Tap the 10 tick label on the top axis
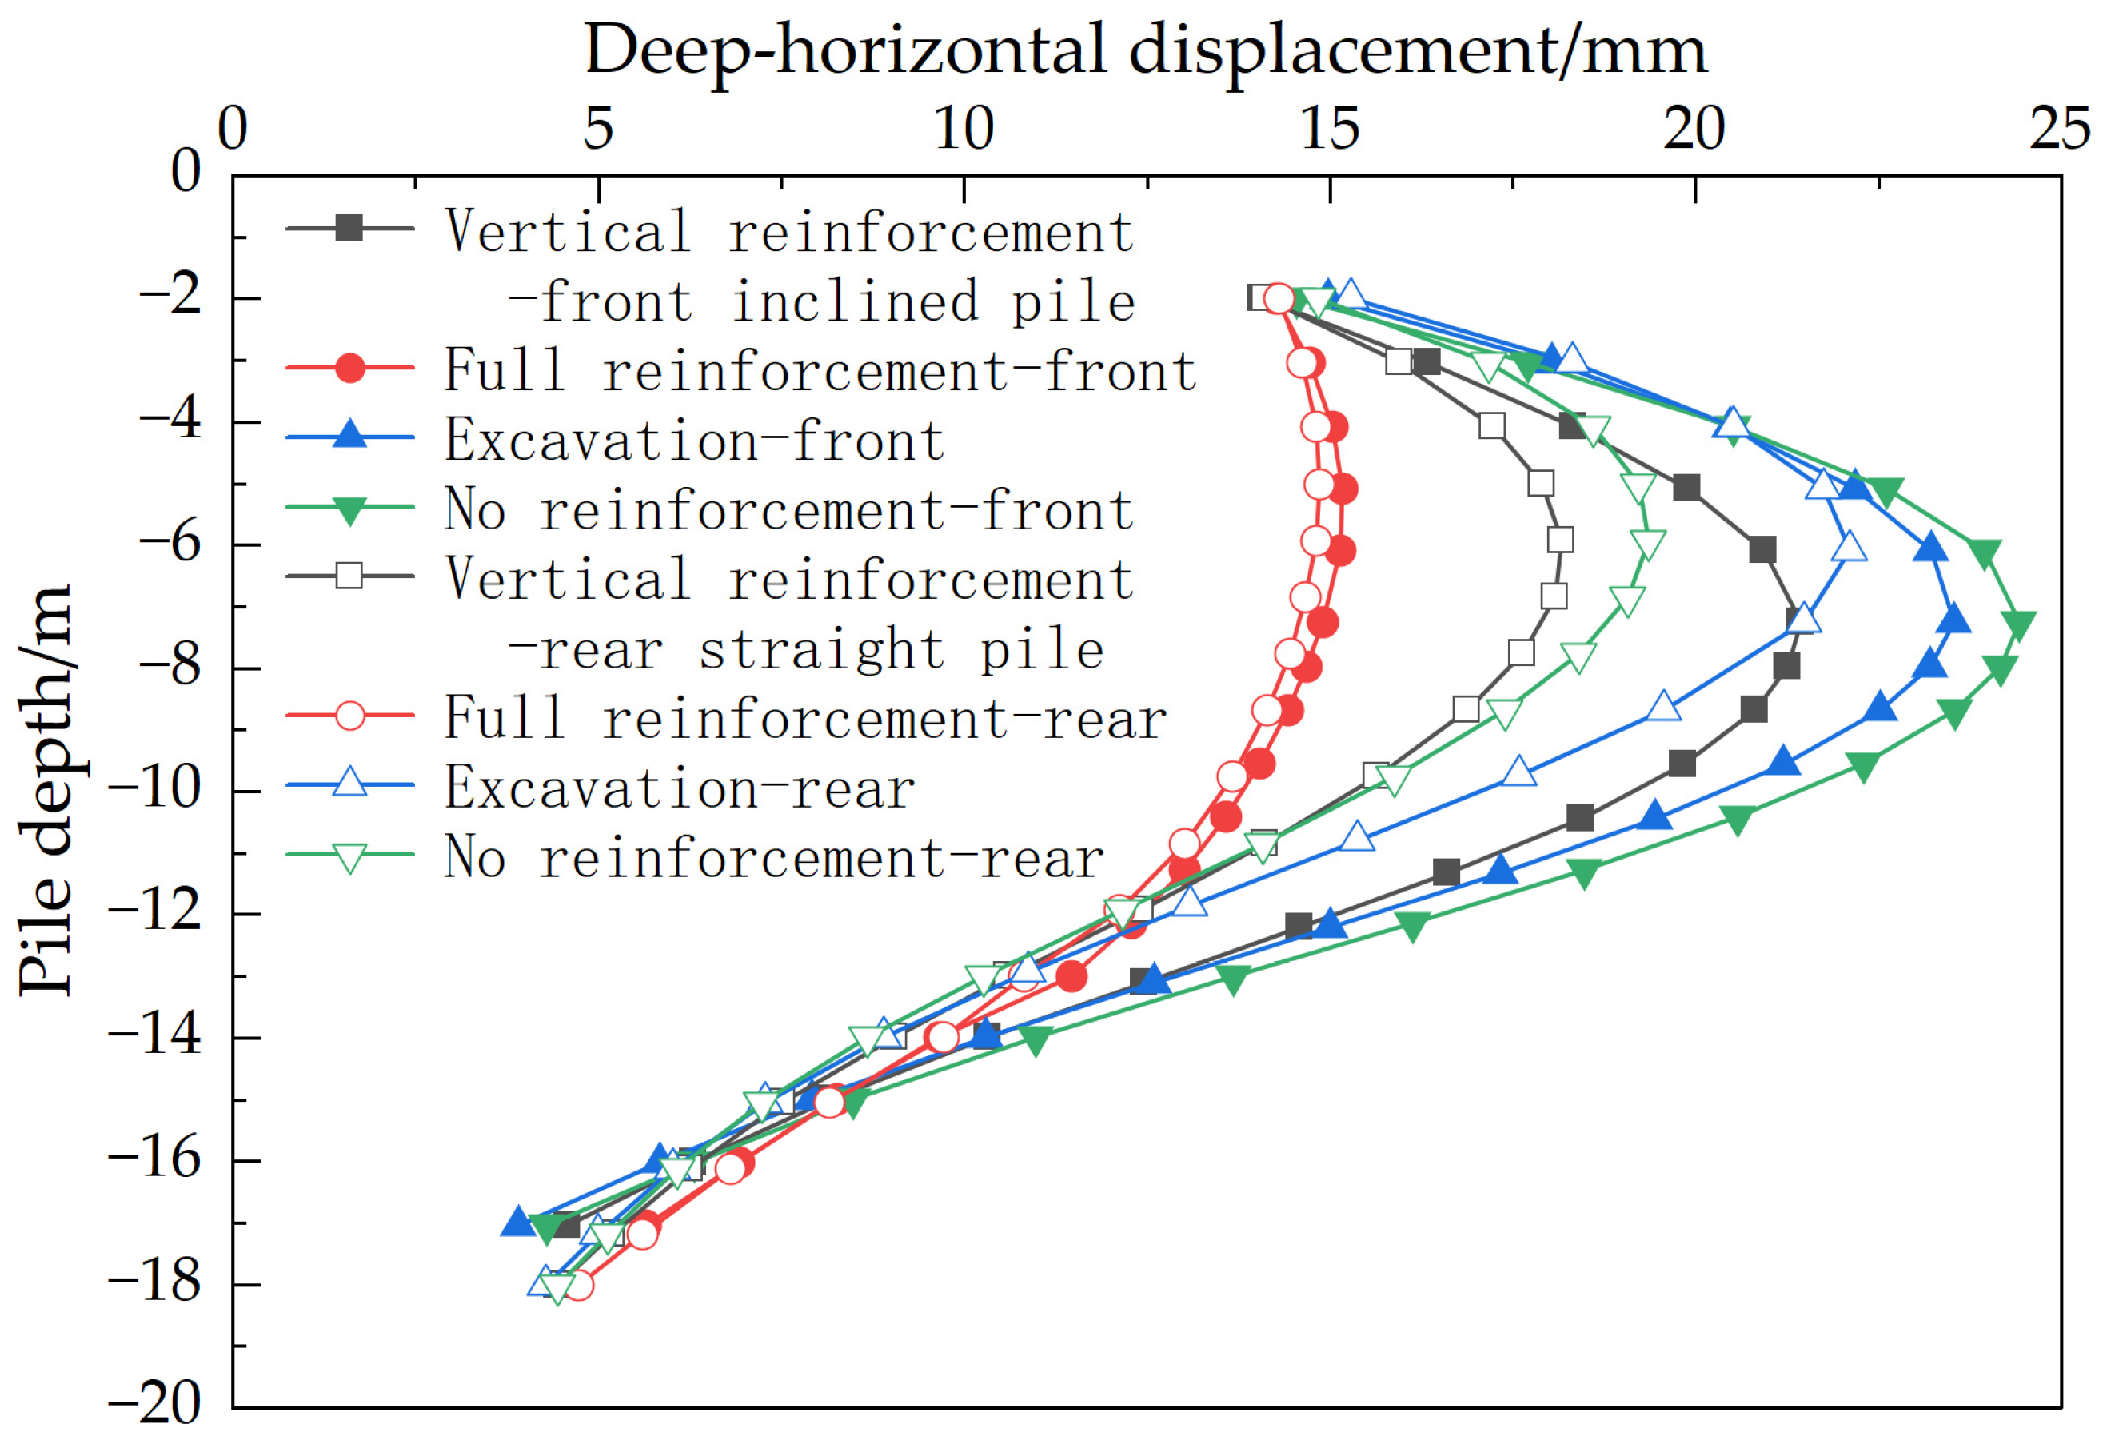[x=964, y=129]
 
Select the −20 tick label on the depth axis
[x=154, y=1404]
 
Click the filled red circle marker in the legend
[x=350, y=368]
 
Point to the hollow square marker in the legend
[x=349, y=576]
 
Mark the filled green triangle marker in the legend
[x=350, y=509]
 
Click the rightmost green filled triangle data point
[x=2019, y=624]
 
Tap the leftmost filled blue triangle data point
[x=517, y=1222]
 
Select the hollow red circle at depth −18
[x=577, y=1286]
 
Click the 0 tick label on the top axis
[x=233, y=129]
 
